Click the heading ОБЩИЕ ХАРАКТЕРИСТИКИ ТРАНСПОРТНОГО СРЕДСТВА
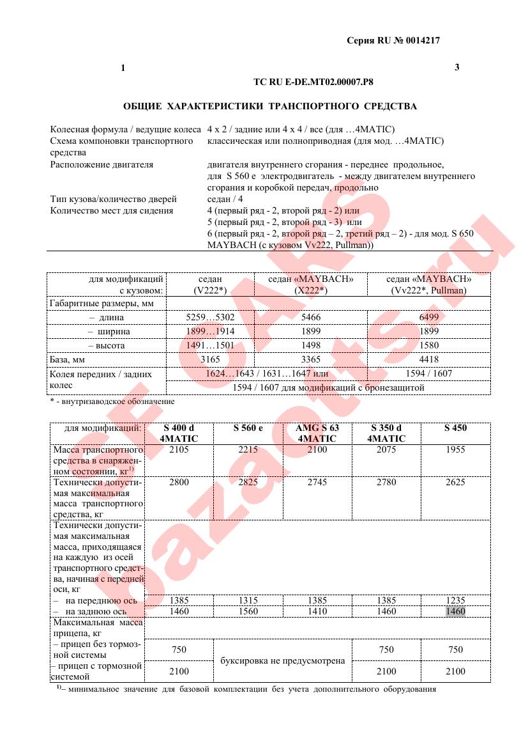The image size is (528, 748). coord(269,105)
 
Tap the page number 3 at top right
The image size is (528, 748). coord(456,67)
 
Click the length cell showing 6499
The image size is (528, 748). coord(429,317)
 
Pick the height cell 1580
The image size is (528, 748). coord(429,345)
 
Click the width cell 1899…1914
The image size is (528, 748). coord(209,331)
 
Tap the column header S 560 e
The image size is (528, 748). coord(248,428)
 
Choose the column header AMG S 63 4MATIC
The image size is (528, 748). coord(317,433)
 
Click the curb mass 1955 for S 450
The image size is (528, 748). coord(455,449)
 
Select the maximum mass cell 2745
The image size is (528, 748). coord(317,482)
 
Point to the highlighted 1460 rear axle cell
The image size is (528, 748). coord(456,611)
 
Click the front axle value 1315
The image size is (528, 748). coord(248,600)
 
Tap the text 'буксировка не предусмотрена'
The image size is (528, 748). coord(282,660)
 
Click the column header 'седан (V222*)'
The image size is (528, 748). coord(209,284)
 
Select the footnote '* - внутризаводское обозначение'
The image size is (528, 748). coord(112,401)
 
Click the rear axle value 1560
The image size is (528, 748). coord(248,611)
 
